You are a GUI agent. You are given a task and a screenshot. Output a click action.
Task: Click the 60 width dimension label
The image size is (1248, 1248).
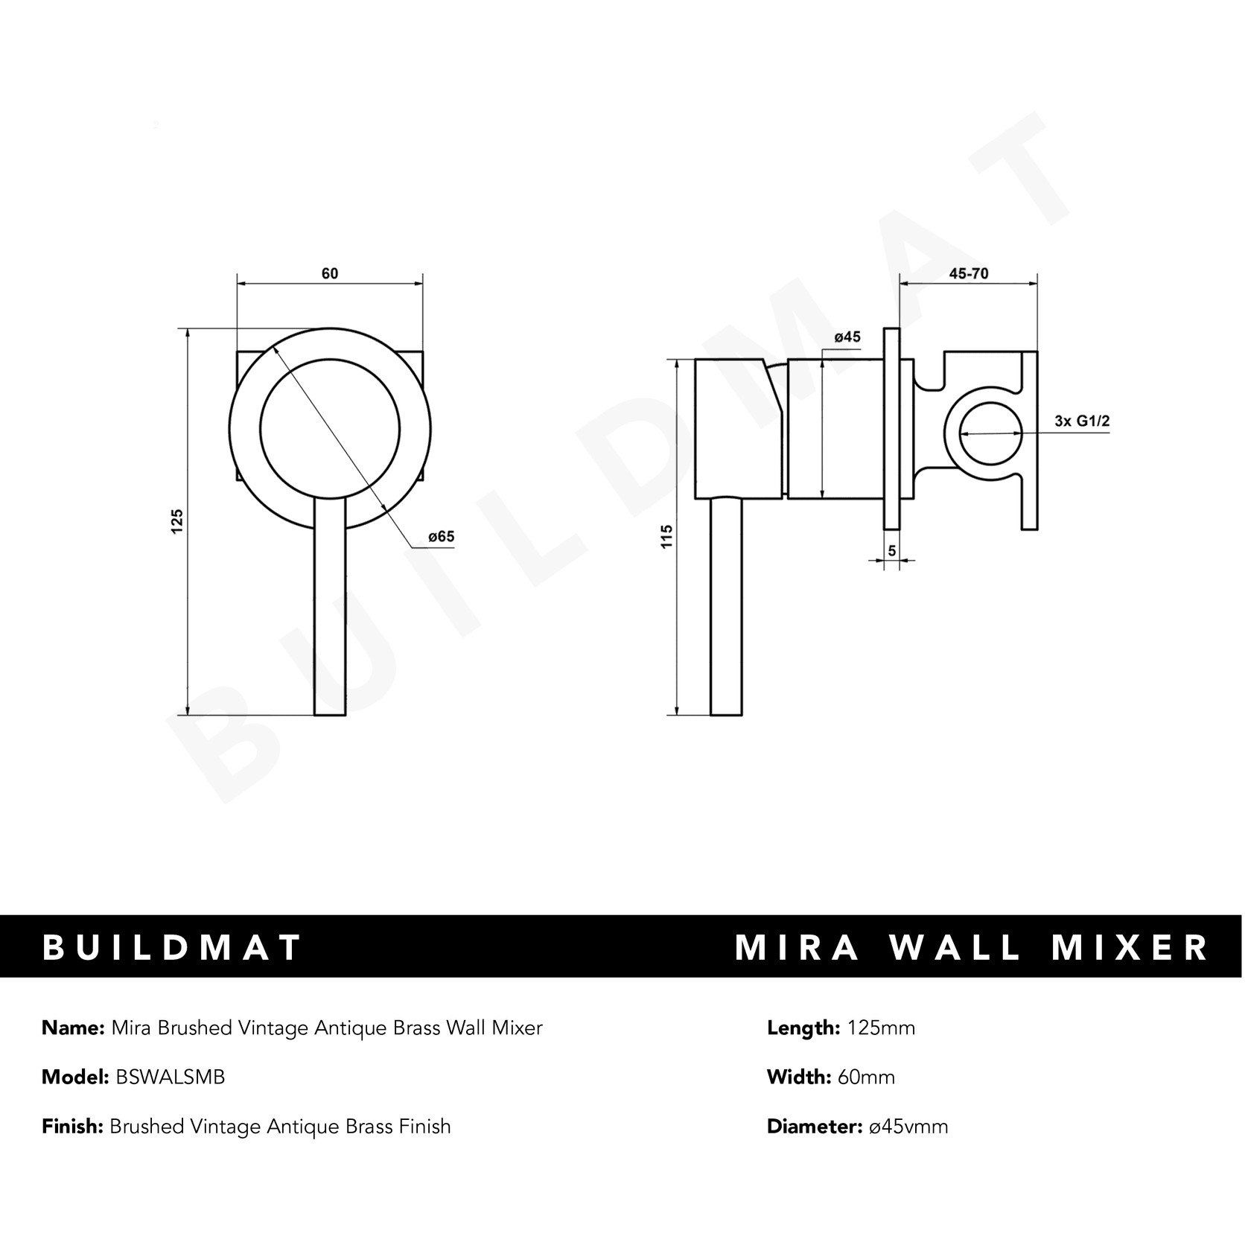[329, 273]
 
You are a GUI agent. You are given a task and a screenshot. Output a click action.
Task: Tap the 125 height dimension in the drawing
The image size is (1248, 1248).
[177, 520]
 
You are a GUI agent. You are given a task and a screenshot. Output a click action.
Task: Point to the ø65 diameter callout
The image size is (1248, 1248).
[441, 537]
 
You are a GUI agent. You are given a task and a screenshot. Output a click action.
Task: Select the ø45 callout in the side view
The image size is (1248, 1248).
[847, 337]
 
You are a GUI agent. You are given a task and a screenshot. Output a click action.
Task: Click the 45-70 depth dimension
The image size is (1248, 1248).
[969, 273]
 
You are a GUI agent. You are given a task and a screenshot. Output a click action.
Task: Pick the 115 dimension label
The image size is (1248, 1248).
[667, 537]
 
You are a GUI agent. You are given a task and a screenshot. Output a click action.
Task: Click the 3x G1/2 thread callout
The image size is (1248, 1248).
[1082, 421]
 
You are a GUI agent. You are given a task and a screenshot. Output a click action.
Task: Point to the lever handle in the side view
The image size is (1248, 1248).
[727, 607]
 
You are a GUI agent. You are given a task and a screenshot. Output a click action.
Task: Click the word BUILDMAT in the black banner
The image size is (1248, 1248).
[171, 947]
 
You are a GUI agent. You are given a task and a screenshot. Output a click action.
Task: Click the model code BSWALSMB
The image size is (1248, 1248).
[171, 1077]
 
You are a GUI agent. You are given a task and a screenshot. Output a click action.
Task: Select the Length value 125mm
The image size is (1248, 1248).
[881, 1028]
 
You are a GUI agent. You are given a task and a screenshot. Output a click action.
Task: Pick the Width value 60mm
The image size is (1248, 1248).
[866, 1077]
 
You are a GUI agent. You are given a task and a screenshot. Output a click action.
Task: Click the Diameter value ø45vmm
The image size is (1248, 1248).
[908, 1126]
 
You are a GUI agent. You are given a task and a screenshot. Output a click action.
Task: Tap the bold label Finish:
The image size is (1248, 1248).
[72, 1126]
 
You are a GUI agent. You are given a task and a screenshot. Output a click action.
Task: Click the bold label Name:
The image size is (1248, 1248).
[73, 1028]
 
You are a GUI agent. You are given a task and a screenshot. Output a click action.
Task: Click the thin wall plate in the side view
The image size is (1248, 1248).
[891, 428]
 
